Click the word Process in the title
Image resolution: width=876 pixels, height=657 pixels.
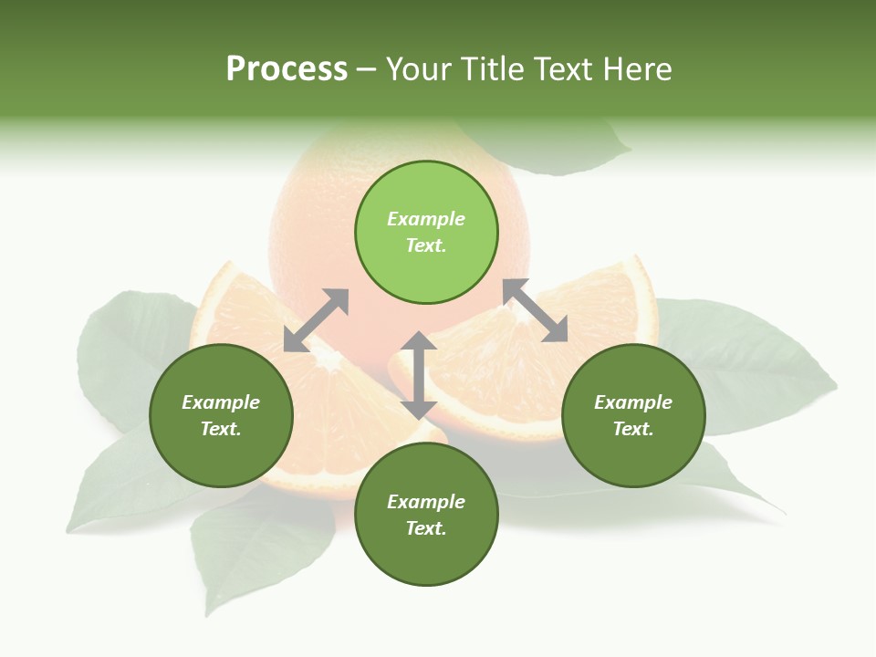coord(287,69)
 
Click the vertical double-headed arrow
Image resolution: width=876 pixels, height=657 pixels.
coord(419,375)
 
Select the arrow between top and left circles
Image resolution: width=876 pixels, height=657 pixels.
coord(316,320)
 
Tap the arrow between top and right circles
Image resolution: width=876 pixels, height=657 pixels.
coord(536,310)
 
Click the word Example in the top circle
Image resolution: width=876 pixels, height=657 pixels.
coord(426,219)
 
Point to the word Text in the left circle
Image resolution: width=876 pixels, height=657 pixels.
coord(221,429)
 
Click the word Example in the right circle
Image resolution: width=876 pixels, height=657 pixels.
coord(633,402)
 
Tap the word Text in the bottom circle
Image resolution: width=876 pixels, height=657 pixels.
coord(426,528)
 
